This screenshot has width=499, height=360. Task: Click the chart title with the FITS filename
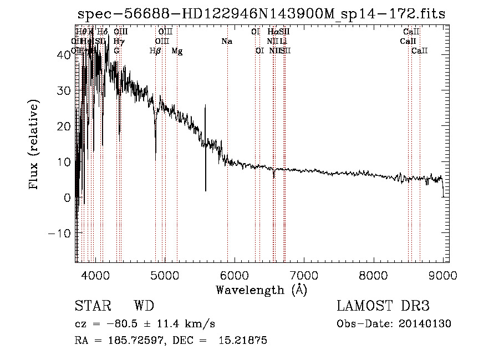[261, 14]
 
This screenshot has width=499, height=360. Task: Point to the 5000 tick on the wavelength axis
[164, 275]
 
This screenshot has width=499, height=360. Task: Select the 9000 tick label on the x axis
[442, 275]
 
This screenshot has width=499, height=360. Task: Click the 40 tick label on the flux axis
[64, 55]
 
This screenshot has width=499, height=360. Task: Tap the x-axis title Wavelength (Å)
[261, 290]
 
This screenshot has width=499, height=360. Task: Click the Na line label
[226, 42]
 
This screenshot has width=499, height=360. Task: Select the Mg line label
[177, 51]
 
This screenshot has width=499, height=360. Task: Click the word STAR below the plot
[92, 306]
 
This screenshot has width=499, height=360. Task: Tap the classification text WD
[144, 306]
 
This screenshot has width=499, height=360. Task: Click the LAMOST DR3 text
[383, 306]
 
